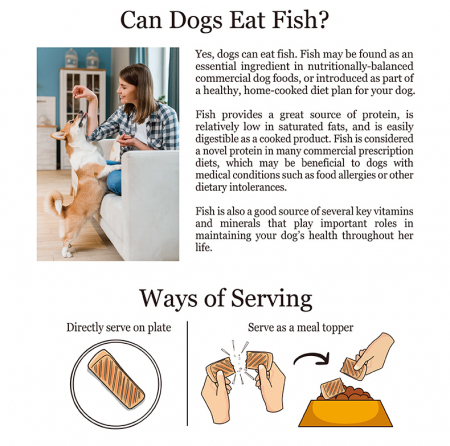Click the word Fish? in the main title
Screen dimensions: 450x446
coord(300,20)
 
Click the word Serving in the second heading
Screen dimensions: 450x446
coord(271,299)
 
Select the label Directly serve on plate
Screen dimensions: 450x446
coord(119,328)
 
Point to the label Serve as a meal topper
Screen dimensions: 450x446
coord(300,327)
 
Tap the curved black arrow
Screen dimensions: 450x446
coord(312,358)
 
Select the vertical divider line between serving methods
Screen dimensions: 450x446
coord(187,373)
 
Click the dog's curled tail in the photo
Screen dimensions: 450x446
coord(55,202)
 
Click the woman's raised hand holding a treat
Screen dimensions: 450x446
coord(82,92)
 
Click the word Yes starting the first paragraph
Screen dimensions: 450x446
coord(203,54)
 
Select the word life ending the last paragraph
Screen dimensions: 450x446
coord(204,247)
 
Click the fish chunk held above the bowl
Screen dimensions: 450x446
coord(353,369)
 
